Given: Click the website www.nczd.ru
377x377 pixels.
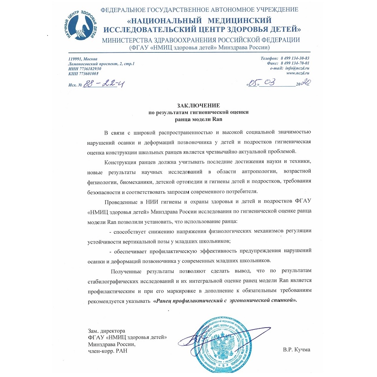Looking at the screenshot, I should click(298, 74).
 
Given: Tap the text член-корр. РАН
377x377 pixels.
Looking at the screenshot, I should click(107, 351).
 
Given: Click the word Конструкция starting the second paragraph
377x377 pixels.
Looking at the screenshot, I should click(120, 162).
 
